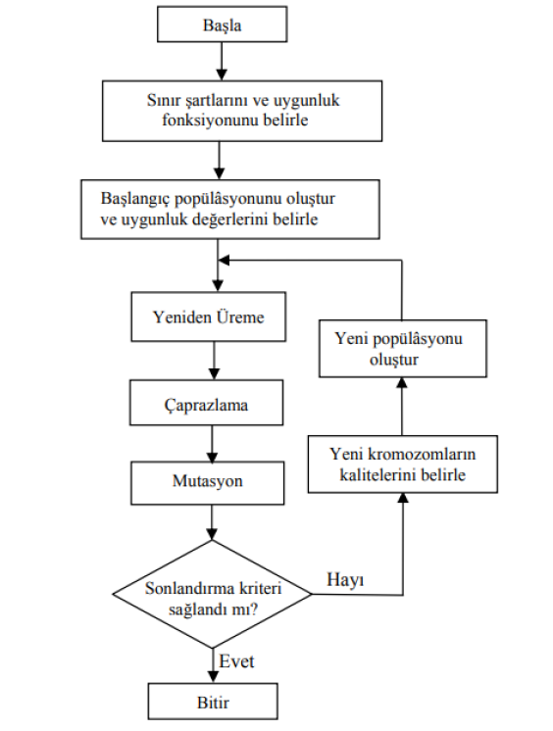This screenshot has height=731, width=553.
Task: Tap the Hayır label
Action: tap(345, 580)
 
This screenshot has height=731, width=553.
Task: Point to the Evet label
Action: tap(236, 661)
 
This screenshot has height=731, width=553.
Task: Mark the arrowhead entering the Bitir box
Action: tap(213, 677)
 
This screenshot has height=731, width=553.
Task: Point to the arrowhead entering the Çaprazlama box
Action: tap(214, 374)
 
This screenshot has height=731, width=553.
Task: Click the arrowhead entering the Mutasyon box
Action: tap(213, 457)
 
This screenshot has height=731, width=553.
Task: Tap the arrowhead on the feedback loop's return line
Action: tap(224, 260)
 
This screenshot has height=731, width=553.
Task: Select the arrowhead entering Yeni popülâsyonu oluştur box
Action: tap(402, 383)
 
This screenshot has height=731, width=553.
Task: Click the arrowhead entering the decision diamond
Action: tap(212, 534)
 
